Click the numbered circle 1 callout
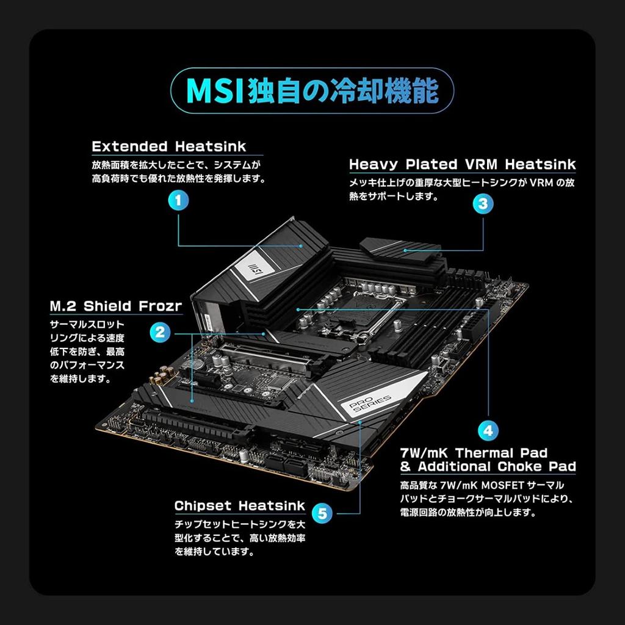coord(178,200)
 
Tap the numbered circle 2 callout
coord(159,333)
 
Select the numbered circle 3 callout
coord(483,204)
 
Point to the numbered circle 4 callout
coord(487,430)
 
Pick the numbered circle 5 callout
coord(323,513)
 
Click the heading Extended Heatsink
coord(169,146)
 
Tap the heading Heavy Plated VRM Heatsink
coord(462,164)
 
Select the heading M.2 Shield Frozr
coord(115,306)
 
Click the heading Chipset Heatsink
coord(239,506)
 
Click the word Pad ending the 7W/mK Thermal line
coord(534,453)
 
